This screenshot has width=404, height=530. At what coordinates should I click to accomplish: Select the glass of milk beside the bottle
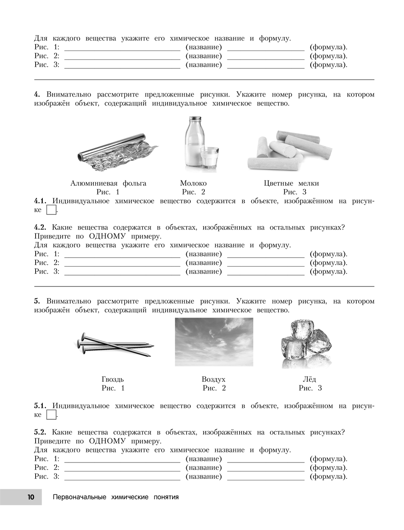[209, 158]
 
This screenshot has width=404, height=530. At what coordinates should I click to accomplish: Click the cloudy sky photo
[214, 342]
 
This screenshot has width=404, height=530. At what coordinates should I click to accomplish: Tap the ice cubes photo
[306, 343]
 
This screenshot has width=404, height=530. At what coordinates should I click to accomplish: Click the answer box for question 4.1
[50, 210]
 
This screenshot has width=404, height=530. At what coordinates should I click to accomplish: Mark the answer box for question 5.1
[50, 415]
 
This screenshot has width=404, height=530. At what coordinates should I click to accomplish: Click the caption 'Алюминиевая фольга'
[108, 183]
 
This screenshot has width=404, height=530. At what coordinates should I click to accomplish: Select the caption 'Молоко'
[193, 183]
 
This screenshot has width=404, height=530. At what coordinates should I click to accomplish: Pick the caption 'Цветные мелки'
[291, 183]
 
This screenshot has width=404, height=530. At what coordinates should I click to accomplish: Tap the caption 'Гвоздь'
[113, 379]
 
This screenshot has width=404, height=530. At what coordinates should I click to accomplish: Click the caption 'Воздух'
[213, 379]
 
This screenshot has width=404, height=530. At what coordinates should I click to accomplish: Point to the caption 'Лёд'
[309, 379]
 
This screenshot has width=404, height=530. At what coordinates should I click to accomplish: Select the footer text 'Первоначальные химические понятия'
[116, 497]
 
